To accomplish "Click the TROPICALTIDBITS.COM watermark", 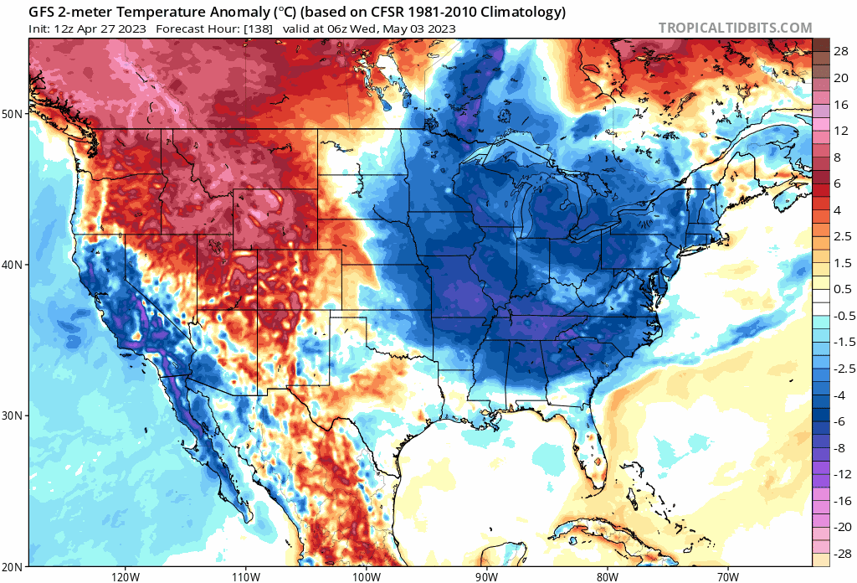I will tap(735, 28).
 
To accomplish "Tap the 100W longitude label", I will tap(367, 576).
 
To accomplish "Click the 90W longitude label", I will tap(487, 576).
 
